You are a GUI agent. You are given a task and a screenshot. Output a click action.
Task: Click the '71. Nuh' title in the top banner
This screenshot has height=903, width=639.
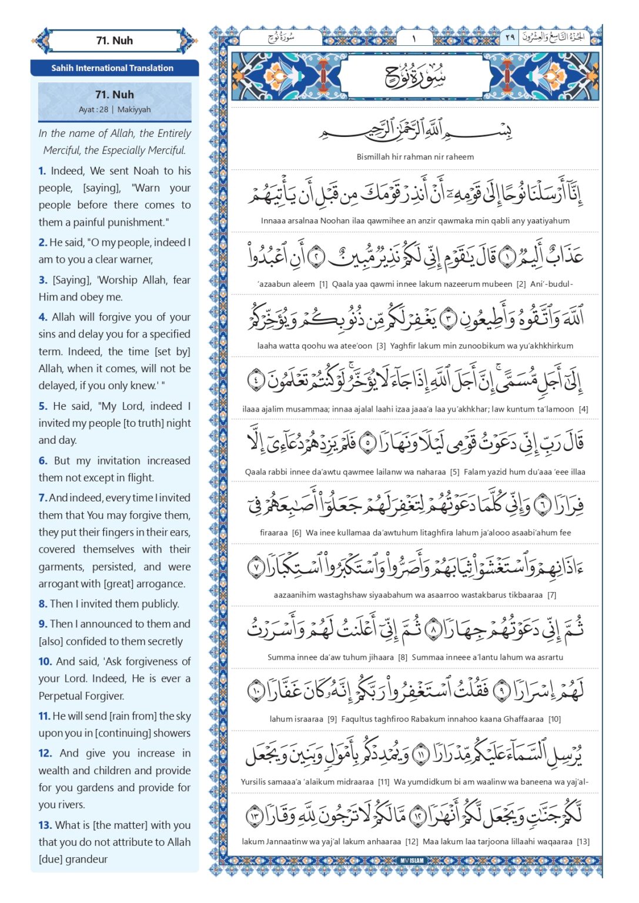tap(115, 41)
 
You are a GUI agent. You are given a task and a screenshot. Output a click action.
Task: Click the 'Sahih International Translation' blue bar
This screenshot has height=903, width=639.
tap(112, 68)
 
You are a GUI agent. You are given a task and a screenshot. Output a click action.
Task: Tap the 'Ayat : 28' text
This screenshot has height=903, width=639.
tap(93, 110)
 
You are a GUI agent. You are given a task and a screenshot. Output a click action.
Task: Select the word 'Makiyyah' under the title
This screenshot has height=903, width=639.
tap(134, 110)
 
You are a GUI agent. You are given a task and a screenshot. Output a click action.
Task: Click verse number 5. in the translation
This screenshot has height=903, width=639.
tap(43, 406)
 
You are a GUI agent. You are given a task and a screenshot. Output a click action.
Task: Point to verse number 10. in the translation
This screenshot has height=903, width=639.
tap(45, 661)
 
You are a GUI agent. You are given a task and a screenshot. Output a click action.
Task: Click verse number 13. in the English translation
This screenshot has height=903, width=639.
tap(45, 825)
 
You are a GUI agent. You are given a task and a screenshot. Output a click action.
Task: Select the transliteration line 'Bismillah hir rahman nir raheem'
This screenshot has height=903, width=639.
tap(415, 157)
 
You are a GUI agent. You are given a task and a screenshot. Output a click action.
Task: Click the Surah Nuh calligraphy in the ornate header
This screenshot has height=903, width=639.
tap(415, 76)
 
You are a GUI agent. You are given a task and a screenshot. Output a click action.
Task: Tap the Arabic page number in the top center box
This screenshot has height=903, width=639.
tap(414, 38)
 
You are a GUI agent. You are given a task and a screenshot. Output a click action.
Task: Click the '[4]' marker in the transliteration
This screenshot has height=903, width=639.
tap(583, 409)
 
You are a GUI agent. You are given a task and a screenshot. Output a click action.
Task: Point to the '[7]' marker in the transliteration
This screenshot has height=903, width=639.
tap(551, 595)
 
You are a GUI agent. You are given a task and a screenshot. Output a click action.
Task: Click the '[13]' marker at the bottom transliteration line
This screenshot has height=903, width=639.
tap(583, 842)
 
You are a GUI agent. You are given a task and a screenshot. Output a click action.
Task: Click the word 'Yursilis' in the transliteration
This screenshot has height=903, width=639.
tap(257, 782)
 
